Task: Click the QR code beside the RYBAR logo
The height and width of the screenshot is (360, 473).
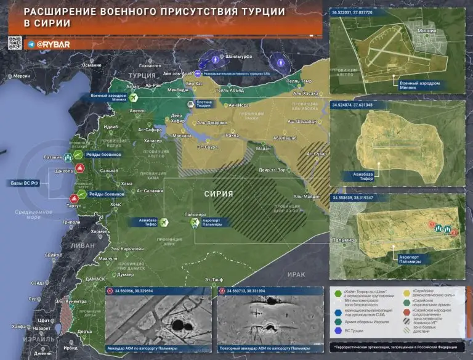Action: [15, 44]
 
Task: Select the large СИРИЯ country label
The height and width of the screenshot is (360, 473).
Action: [219, 194]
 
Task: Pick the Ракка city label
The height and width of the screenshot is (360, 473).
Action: [232, 135]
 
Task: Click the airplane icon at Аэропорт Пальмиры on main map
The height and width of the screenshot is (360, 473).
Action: [196, 223]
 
